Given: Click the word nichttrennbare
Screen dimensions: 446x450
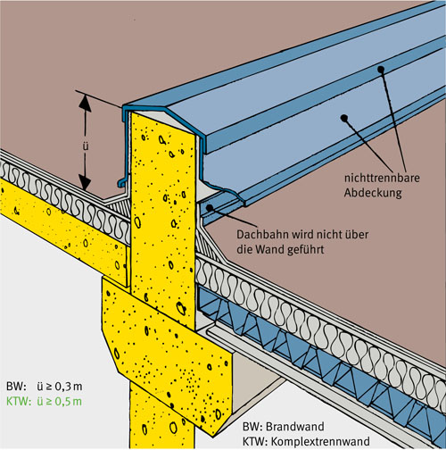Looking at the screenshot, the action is point(382,178).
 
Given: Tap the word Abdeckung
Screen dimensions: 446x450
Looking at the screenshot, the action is point(373,193).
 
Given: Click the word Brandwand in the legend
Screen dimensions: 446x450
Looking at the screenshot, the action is point(295,427).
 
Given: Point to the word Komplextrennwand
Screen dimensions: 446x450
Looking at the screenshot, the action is point(320,441).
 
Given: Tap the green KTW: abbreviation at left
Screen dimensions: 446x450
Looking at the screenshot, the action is point(19,402).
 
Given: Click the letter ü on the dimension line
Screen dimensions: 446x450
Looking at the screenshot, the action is point(86,146).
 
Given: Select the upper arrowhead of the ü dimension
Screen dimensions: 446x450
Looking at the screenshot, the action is point(85,102).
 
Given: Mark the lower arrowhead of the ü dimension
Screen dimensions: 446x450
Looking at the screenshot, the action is point(85,182).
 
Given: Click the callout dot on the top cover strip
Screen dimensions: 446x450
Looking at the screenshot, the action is point(381,70).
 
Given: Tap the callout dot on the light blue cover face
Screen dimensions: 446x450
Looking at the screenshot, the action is point(344,118).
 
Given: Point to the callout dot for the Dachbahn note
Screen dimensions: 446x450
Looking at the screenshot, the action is point(210,207).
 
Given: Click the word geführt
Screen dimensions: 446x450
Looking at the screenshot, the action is point(305,250).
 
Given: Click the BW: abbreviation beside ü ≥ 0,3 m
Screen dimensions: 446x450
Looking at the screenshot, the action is point(16,387).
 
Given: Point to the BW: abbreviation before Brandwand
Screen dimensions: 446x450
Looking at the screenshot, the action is point(252,427).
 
